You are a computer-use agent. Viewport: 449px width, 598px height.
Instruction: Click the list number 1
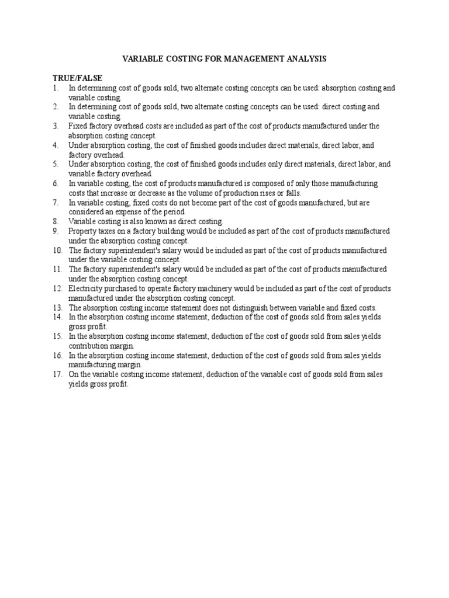point(54,88)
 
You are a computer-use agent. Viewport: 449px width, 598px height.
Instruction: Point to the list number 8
point(54,221)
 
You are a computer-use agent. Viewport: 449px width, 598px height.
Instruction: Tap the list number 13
point(56,307)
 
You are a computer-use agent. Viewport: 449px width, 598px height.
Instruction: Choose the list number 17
point(56,374)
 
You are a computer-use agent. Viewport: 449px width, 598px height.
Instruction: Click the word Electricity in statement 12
point(85,288)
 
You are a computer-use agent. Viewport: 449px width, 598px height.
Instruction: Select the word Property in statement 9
point(82,231)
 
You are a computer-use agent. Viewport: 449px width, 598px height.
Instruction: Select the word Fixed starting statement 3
point(77,126)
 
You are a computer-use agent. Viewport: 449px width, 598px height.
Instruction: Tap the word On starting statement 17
point(73,374)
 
